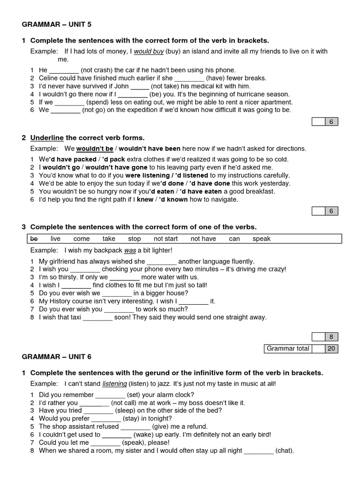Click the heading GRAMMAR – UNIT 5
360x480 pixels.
[x=60, y=24]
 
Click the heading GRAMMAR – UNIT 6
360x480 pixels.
[x=57, y=357]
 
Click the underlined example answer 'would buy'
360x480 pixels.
[x=149, y=52]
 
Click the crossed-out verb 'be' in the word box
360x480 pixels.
[x=34, y=239]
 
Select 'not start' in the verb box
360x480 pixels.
[x=165, y=239]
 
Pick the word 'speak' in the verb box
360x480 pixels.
[x=262, y=239]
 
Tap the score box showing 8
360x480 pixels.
[x=331, y=337]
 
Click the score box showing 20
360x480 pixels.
[x=331, y=348]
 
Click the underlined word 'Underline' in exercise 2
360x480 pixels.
[x=47, y=138]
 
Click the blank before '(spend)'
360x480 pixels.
[x=70, y=102]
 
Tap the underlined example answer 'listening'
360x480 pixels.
[x=114, y=383]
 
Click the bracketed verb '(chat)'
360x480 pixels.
[x=285, y=450]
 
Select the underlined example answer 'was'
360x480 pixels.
[x=130, y=250]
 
